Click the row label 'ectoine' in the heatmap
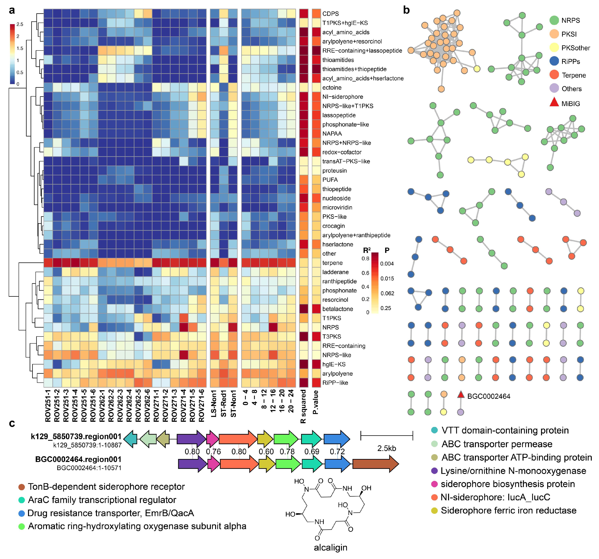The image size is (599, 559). [x=332, y=88]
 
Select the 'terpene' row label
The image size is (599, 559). [x=332, y=263]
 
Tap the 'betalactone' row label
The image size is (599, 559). [x=338, y=309]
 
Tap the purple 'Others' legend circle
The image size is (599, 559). [x=554, y=89]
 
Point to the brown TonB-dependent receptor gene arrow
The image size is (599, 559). [x=375, y=464]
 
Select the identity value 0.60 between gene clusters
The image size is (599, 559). [x=266, y=452]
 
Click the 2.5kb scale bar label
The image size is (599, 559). [x=387, y=449]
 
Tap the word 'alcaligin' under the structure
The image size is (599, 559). [x=331, y=547]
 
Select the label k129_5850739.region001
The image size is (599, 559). [x=76, y=436]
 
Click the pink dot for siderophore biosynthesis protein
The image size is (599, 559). [x=434, y=484]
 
